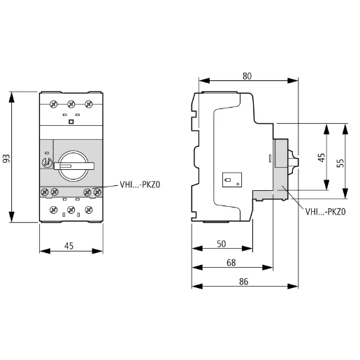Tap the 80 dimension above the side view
247,75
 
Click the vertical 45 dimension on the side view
321,159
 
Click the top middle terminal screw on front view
71,103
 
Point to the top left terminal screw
54,103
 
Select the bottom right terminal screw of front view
87,209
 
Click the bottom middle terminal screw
71,209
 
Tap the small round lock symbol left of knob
47,161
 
